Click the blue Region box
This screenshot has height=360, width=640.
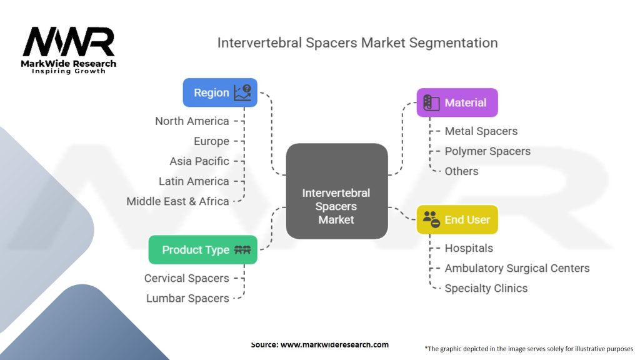(x=219, y=92)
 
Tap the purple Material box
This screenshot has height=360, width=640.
(x=457, y=102)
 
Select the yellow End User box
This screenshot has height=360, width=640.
(x=457, y=219)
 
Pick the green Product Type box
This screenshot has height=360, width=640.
(x=202, y=249)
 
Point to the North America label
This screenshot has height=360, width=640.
(x=192, y=121)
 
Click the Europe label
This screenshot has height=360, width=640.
(x=211, y=141)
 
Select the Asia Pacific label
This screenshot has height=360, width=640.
(x=199, y=161)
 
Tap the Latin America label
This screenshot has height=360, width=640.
(x=194, y=181)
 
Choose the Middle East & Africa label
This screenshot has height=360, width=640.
(x=177, y=201)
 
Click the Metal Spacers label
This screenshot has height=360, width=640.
(x=481, y=131)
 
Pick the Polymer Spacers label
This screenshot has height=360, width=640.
(x=487, y=151)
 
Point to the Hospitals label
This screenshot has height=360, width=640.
(x=469, y=248)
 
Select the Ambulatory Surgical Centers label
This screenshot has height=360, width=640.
(x=517, y=268)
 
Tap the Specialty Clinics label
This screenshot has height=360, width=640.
(x=486, y=288)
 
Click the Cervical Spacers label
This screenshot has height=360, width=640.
(x=186, y=278)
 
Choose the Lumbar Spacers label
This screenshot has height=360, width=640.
(x=187, y=298)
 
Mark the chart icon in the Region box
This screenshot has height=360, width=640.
(x=242, y=92)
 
